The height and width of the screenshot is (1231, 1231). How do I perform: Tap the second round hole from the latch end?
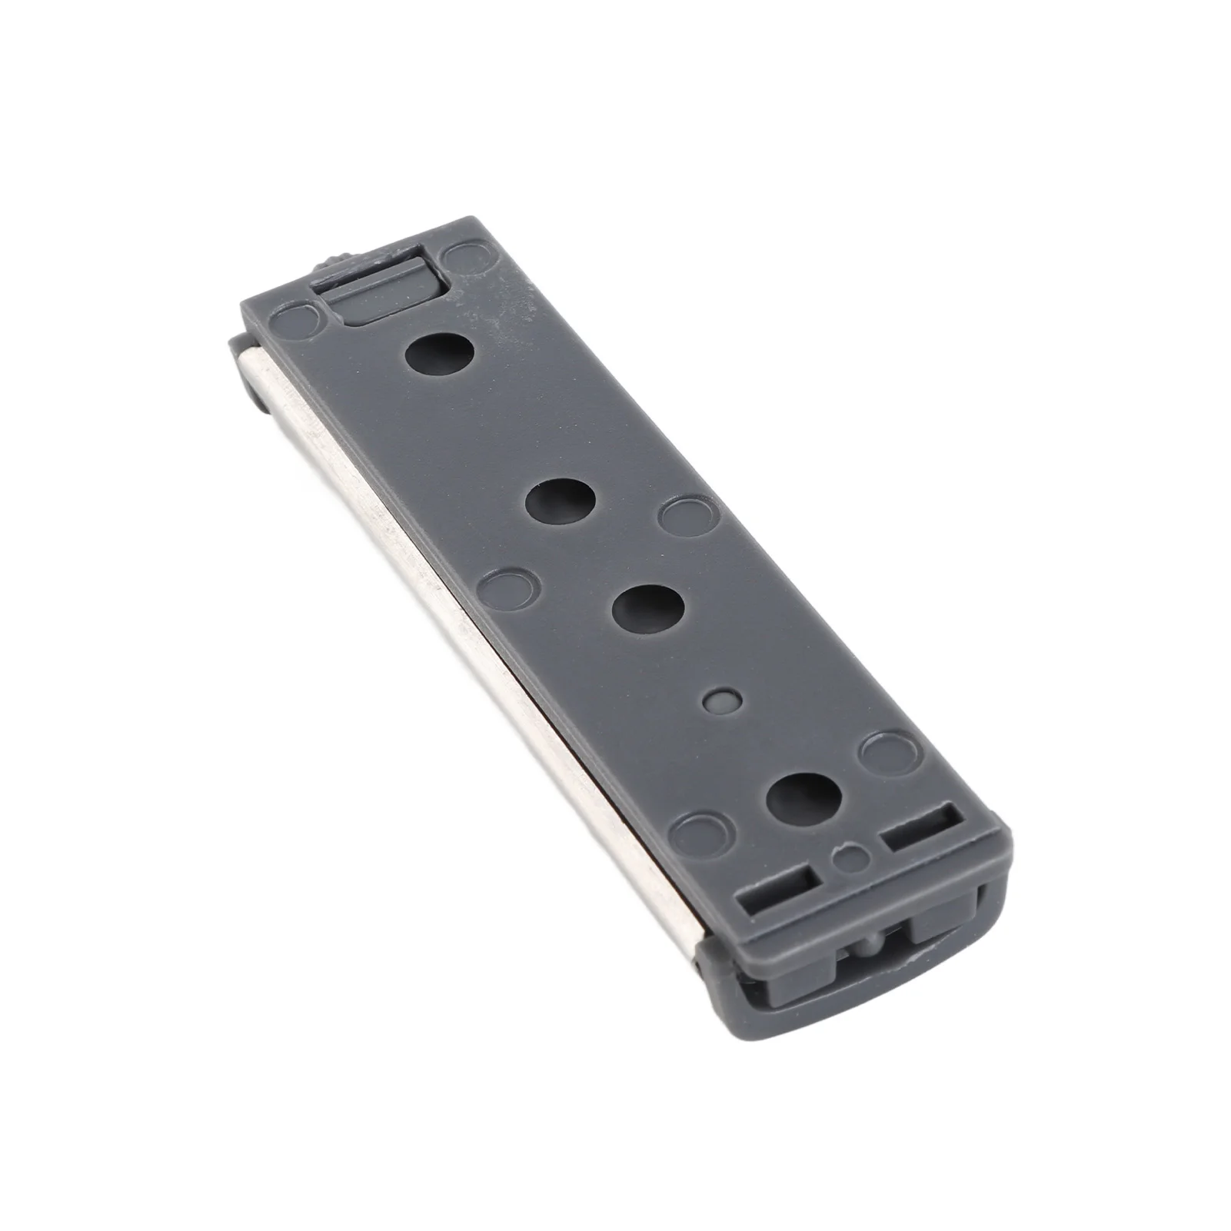pyautogui.click(x=561, y=501)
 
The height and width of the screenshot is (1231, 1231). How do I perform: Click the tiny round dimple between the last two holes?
pyautogui.click(x=723, y=700)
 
